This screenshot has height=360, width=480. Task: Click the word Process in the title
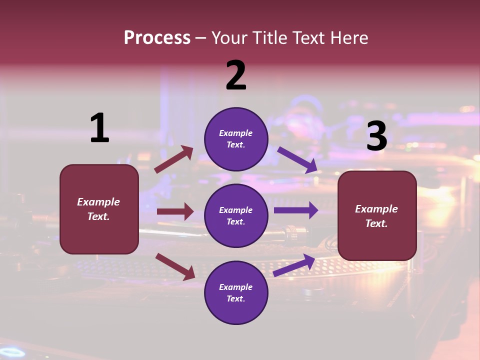[x=157, y=38]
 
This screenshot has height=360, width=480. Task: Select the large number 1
[x=99, y=128]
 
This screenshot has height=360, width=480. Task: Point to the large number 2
[x=236, y=75]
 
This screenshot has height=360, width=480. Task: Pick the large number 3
[x=376, y=136]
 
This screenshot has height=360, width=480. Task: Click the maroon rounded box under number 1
[x=99, y=235]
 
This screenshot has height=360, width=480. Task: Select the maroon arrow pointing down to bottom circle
[x=175, y=266]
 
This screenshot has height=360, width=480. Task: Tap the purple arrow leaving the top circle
[x=297, y=159]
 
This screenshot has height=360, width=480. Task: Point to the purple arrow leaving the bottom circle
[x=294, y=265]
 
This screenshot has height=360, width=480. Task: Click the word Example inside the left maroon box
[x=98, y=202]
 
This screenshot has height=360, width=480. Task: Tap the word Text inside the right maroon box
[x=376, y=223]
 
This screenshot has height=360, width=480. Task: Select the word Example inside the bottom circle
[x=235, y=287]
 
